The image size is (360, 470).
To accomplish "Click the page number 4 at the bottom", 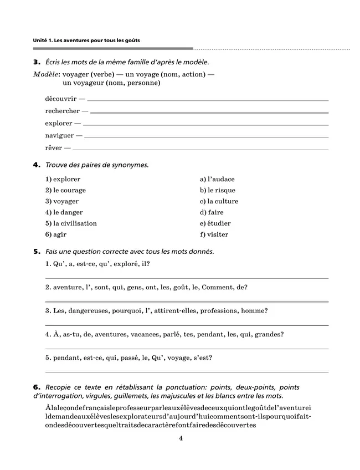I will click(181, 438).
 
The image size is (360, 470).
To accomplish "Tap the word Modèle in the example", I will click(47, 74).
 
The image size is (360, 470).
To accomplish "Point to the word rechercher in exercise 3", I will click(63, 111).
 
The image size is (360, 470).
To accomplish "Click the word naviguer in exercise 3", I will click(60, 135).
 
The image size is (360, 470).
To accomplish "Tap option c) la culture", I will click(219, 201).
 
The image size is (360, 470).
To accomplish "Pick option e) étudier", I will click(215, 223).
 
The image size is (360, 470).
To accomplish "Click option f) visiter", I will click(214, 234).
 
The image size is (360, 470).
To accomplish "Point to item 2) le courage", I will click(65, 190).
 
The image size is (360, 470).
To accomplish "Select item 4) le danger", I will click(64, 212).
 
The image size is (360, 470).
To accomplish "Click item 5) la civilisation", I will click(71, 223).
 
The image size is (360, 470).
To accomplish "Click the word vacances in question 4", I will click(146, 334).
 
